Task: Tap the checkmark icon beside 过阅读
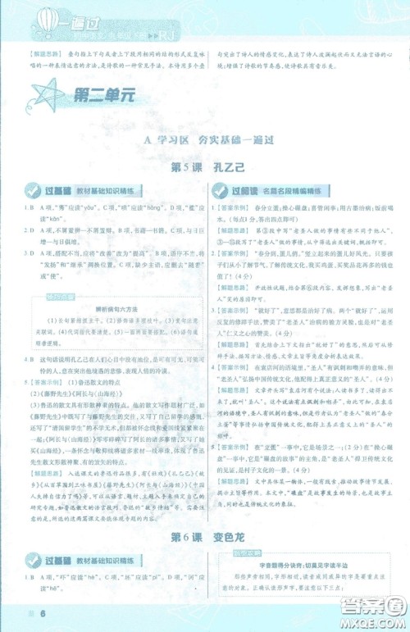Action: tap(220, 191)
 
